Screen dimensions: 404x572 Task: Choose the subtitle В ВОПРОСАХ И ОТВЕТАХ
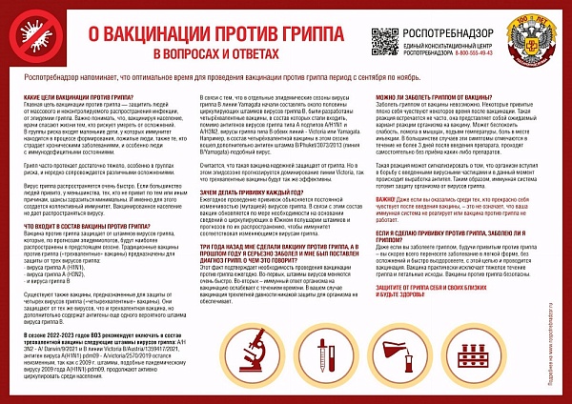click(x=203, y=52)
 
